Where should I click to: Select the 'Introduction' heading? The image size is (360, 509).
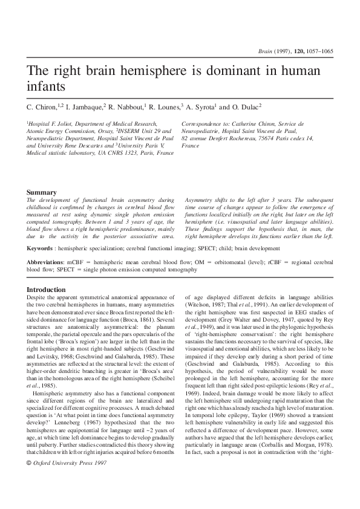pos(46,290)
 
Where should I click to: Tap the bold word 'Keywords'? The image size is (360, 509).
pos(40,248)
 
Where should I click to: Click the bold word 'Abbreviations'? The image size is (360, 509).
pos(46,263)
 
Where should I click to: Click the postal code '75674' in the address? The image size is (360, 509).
pos(270,138)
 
